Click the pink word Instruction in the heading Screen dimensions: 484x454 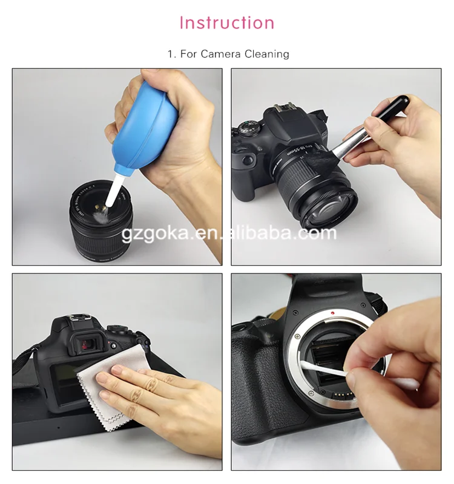pyautogui.click(x=227, y=23)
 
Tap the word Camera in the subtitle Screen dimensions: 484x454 pyautogui.click(x=221, y=54)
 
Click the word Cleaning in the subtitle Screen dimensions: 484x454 pyautogui.click(x=267, y=54)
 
